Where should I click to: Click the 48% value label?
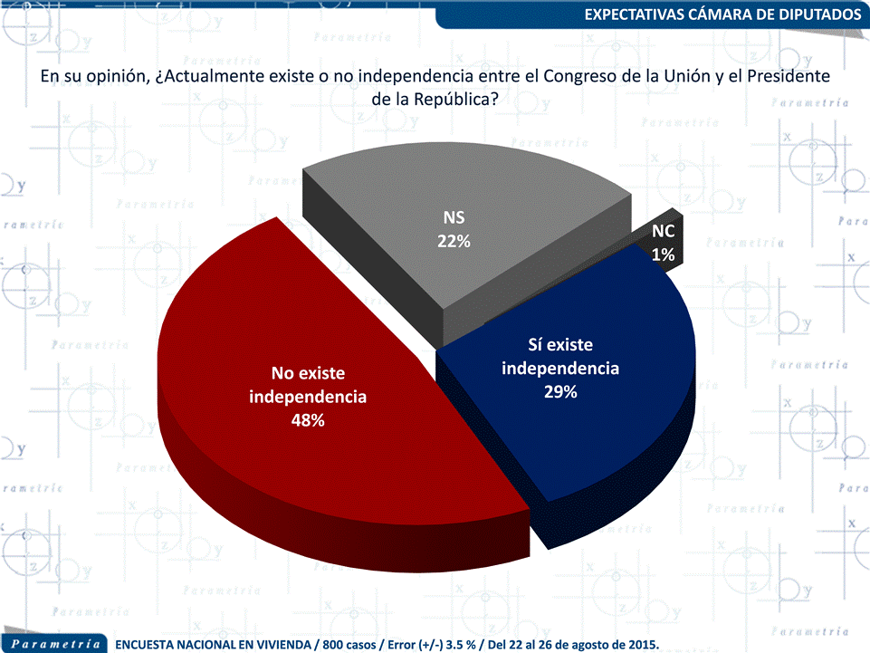coord(308,421)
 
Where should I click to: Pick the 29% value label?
coord(560,392)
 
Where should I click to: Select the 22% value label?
coord(456,242)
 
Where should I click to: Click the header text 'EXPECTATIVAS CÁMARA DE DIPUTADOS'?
coord(722,15)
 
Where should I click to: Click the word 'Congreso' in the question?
coord(576,77)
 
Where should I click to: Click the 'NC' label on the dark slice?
coord(663,232)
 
